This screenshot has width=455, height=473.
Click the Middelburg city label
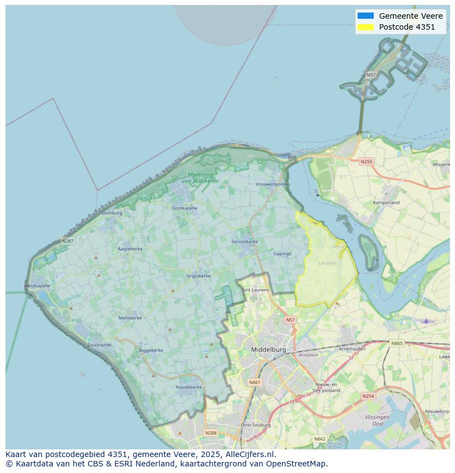click(268, 349)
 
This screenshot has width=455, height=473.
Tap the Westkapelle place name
click(37, 286)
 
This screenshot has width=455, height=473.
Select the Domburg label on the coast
click(112, 213)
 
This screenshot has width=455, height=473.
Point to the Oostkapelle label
click(185, 208)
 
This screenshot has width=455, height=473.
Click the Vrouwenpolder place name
click(272, 185)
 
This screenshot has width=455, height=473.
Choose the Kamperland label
click(386, 203)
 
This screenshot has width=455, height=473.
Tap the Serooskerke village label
click(245, 242)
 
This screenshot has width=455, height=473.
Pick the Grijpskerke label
click(198, 276)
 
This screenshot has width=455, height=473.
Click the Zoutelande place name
click(99, 345)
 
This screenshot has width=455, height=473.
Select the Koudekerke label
click(188, 387)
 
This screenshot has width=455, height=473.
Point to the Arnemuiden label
click(352, 348)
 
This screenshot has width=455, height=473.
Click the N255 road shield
click(366, 162)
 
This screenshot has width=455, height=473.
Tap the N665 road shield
click(396, 343)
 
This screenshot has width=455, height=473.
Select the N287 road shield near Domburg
click(68, 241)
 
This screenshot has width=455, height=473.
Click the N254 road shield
click(368, 396)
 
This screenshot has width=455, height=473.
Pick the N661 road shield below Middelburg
click(254, 382)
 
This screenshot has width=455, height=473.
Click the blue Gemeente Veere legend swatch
click(365, 16)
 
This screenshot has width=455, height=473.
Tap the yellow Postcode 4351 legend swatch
click(365, 27)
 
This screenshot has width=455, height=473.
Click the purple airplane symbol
click(426, 321)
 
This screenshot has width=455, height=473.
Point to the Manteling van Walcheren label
click(200, 178)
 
